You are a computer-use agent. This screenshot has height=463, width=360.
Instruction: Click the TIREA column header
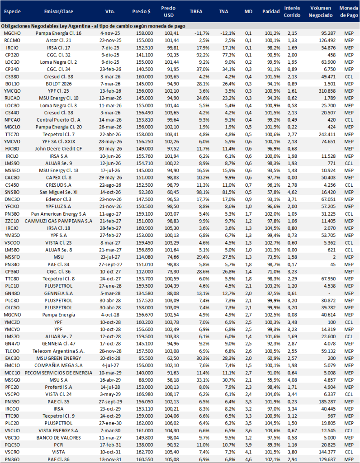196,11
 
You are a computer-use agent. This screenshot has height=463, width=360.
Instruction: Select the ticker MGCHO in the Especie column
11,33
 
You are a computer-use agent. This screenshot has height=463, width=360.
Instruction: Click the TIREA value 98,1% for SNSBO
196,192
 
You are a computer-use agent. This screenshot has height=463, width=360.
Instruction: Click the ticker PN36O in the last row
11,460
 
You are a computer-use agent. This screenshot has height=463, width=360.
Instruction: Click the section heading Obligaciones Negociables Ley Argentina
68,26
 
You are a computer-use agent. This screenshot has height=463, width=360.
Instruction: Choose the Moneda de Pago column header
348,11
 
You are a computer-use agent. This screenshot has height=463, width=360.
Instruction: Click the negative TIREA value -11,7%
196,33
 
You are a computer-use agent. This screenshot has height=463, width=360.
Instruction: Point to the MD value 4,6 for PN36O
248,460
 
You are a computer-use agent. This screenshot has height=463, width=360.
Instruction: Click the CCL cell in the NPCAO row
348,120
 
